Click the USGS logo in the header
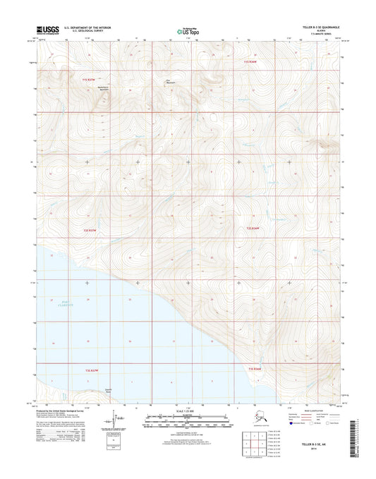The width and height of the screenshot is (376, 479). [47, 30]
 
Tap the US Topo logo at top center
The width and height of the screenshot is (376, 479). [188, 31]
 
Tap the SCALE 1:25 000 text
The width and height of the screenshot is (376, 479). [188, 410]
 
